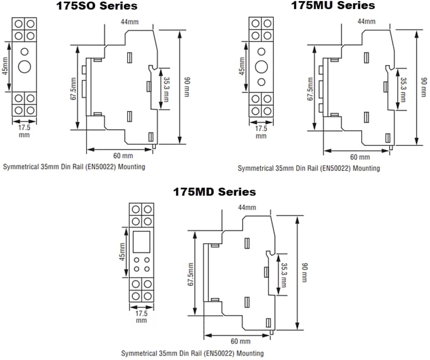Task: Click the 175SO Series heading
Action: pos(97,6)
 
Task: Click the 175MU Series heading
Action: pos(333,6)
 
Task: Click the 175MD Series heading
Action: pos(214,192)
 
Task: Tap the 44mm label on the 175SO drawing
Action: pos(130,22)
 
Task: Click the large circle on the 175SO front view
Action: pos(25,67)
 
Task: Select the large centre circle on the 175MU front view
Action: pos(262,67)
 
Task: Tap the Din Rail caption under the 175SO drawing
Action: pos(74,167)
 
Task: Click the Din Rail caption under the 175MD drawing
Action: pos(193,354)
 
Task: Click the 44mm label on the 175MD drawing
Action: pos(247,208)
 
